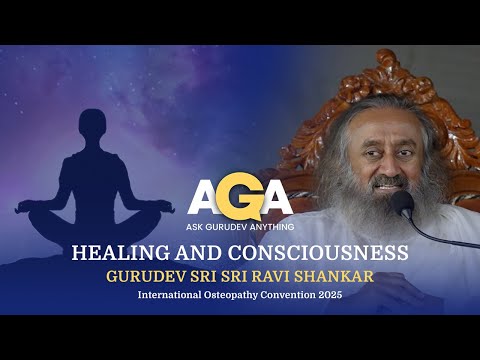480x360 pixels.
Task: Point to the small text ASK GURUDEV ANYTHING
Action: pos(240,224)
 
